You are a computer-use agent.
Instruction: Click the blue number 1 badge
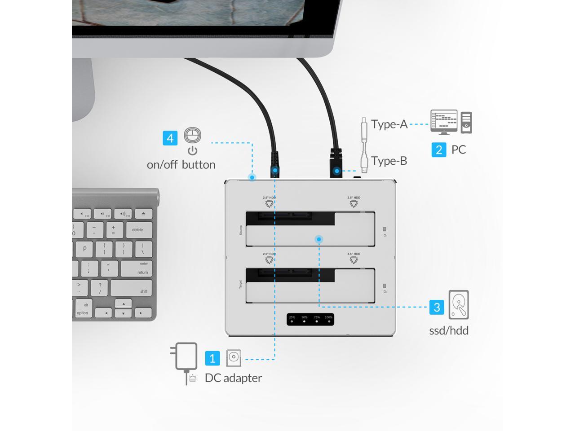tap(212, 358)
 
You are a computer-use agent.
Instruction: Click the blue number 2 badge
tap(439, 150)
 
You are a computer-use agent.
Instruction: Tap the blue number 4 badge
tap(170, 138)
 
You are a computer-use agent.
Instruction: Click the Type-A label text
tap(389, 124)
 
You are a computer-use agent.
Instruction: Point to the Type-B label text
tap(389, 161)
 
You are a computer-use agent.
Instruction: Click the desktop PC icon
tap(451, 122)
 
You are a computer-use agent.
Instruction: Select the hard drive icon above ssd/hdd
tap(459, 305)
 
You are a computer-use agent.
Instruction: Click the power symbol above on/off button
tap(193, 151)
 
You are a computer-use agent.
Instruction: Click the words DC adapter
tap(233, 378)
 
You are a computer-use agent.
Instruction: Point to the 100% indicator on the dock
tap(328, 319)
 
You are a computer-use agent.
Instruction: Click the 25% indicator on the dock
tap(292, 319)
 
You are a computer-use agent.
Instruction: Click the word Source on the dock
tap(241, 230)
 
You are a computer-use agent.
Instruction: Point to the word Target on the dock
tap(241, 284)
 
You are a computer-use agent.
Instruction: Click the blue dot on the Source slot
tap(318, 239)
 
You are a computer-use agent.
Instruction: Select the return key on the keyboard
tap(137, 268)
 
